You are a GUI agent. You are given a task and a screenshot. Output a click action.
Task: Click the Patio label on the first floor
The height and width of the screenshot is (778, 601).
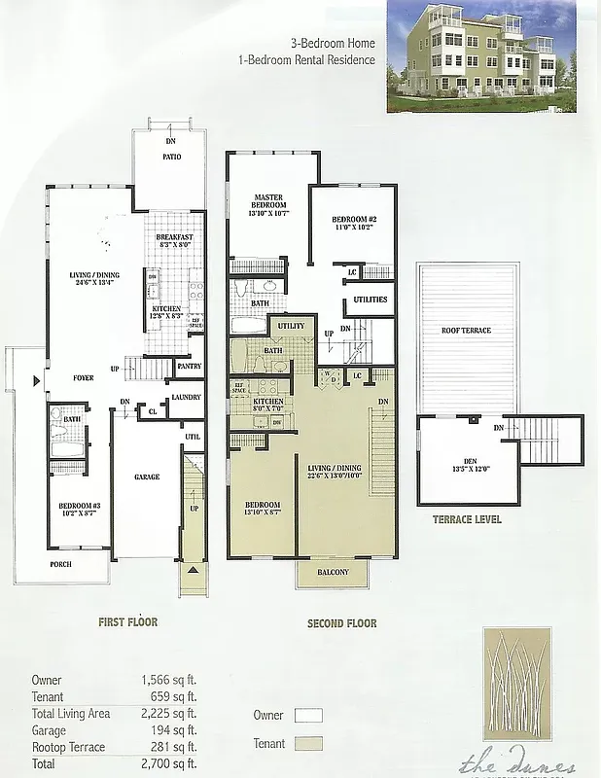[x=171, y=157]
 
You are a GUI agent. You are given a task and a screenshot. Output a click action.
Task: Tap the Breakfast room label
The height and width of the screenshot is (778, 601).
[x=175, y=237]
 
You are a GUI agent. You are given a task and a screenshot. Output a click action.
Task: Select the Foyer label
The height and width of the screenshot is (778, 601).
[x=84, y=377]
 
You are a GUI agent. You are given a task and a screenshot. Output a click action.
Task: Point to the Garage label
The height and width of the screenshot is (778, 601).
[x=147, y=477]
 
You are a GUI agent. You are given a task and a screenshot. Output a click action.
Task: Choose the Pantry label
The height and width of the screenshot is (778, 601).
[x=190, y=367]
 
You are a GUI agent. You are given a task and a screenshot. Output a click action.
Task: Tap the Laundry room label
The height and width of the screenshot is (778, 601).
[x=186, y=397]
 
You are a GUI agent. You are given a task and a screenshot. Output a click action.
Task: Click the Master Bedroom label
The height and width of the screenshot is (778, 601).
[x=268, y=201]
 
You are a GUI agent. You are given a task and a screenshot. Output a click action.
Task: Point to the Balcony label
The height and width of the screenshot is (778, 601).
[x=333, y=572]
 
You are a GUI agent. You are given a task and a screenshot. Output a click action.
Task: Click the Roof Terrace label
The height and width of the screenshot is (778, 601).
[x=466, y=331]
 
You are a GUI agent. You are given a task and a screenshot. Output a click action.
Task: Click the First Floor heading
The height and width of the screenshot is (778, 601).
[x=128, y=622]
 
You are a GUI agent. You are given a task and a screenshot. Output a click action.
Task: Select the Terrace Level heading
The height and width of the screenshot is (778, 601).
[x=467, y=519]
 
